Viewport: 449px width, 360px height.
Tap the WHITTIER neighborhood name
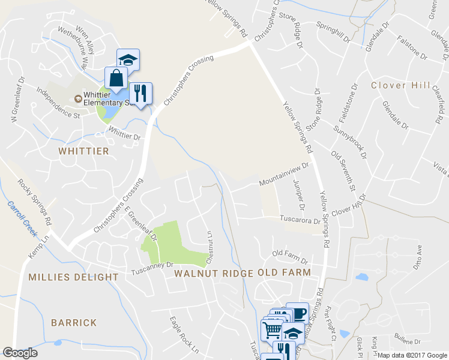[84, 151]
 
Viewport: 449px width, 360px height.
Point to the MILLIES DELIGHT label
[73, 277]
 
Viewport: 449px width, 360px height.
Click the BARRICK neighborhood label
[73, 323]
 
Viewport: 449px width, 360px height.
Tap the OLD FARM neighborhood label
[284, 273]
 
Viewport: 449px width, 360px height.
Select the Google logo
[20, 352]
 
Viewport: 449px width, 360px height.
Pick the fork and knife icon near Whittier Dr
[140, 93]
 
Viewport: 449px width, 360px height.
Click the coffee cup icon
[297, 313]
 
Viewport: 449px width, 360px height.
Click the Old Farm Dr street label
[289, 257]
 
